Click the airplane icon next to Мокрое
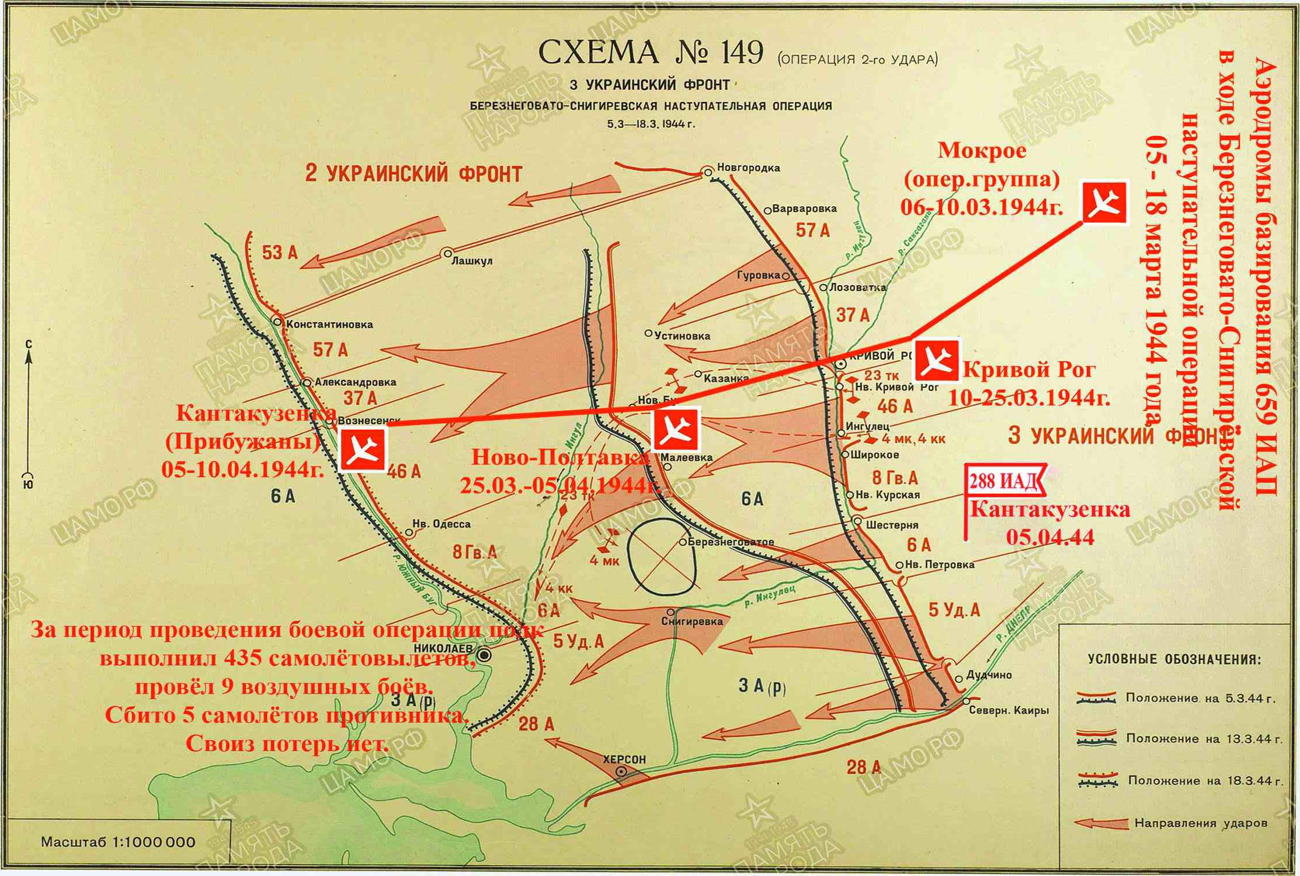[1104, 202]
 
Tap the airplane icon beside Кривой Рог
[937, 361]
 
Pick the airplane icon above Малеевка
[675, 429]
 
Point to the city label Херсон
[624, 759]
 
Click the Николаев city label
[444, 648]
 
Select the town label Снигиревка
[692, 622]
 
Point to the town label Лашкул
[472, 261]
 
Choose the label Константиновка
[330, 324]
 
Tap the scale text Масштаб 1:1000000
[118, 842]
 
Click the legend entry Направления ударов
[1200, 823]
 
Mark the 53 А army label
[280, 253]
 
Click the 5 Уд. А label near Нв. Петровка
[954, 609]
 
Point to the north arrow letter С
[29, 345]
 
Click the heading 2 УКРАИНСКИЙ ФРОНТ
[414, 174]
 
